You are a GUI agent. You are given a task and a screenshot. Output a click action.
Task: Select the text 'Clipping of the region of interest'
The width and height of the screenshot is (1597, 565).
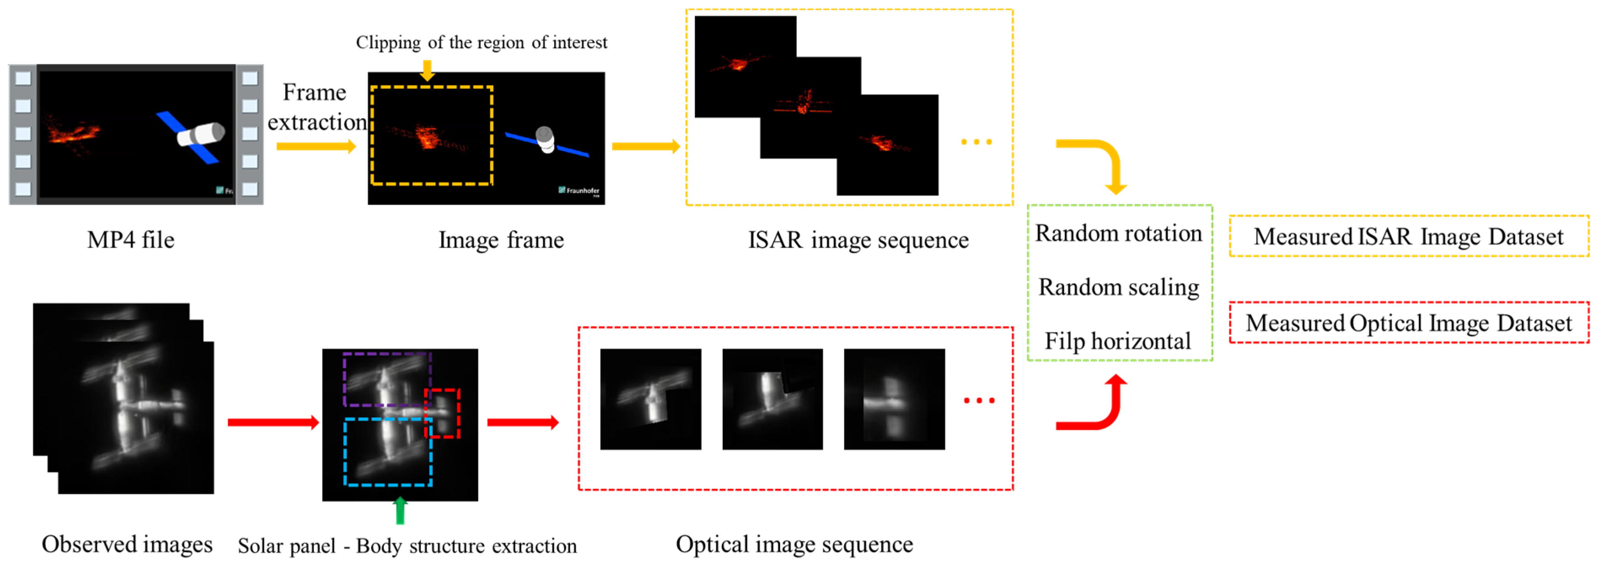point(481,42)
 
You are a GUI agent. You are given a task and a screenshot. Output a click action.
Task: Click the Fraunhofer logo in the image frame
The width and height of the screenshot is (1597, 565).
point(579,190)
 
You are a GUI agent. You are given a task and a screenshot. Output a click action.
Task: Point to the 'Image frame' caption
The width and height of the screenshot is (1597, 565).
point(501,240)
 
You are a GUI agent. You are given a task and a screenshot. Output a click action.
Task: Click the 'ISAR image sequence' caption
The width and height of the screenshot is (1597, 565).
point(858,240)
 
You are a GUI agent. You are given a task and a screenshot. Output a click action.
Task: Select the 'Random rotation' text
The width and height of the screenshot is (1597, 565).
point(1118,233)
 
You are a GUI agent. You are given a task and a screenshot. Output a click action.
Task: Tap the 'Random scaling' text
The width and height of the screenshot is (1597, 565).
point(1118,287)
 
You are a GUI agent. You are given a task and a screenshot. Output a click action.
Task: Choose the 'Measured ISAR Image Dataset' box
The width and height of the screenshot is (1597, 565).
point(1409,236)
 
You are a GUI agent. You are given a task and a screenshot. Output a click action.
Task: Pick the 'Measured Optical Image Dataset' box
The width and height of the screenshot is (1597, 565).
point(1409,322)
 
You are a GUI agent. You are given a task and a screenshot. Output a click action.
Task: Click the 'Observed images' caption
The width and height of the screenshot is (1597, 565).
point(127,544)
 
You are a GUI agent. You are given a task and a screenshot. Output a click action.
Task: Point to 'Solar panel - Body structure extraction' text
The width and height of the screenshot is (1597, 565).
point(407,546)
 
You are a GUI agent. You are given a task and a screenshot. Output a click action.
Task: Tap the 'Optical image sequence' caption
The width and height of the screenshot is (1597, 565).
point(794,544)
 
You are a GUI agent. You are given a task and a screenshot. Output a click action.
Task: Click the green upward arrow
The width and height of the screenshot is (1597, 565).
point(400,510)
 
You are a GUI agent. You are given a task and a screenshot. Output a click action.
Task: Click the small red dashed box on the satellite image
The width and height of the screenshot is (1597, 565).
point(442,413)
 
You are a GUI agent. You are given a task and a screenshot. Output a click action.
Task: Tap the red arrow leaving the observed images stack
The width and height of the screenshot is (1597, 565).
point(273,422)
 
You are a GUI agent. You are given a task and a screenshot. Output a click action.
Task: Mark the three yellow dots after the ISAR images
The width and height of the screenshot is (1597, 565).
point(976,142)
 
